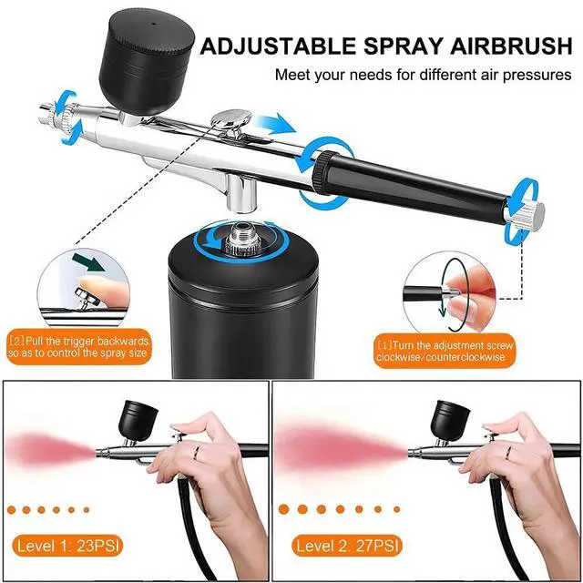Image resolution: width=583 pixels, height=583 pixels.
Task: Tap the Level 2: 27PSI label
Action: [347, 546]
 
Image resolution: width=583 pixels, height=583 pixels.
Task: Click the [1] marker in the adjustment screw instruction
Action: [384, 345]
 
